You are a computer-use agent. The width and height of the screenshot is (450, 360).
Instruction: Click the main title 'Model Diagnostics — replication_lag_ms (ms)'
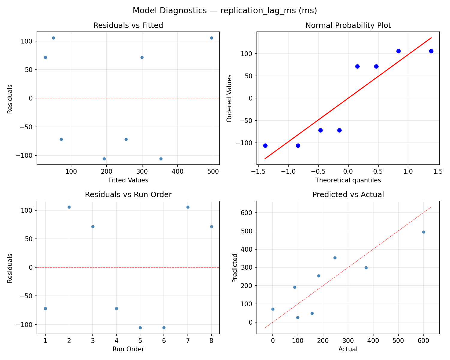click(x=225, y=11)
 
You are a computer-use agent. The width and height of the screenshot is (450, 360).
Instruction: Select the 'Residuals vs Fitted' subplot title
click(x=128, y=25)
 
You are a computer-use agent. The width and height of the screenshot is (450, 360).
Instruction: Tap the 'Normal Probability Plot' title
click(x=348, y=25)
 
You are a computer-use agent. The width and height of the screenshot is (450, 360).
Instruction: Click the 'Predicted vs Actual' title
click(x=348, y=195)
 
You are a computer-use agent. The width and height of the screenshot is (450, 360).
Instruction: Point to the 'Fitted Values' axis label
click(x=128, y=180)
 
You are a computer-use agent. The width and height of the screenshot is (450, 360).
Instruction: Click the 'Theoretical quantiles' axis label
click(x=348, y=180)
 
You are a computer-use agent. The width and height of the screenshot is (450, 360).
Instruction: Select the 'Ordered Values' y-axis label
click(x=229, y=98)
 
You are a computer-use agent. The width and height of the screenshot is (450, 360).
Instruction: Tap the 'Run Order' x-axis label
click(x=128, y=349)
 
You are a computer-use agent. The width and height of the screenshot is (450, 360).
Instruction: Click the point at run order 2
click(x=69, y=207)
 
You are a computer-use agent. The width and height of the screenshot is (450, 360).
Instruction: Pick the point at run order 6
click(x=164, y=328)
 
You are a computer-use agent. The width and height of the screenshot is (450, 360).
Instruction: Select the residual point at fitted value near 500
click(x=211, y=38)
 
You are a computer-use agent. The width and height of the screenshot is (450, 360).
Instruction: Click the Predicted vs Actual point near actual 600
click(x=424, y=232)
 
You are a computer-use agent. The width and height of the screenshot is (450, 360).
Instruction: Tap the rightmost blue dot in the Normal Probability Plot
click(x=431, y=51)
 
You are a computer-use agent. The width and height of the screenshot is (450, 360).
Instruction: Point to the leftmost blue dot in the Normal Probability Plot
click(x=265, y=145)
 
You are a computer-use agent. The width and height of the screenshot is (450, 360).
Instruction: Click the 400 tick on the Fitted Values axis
click(x=177, y=171)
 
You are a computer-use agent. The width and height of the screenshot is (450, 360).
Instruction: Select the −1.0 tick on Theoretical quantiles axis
click(x=288, y=171)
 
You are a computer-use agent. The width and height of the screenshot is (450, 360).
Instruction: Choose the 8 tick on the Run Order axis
click(x=211, y=340)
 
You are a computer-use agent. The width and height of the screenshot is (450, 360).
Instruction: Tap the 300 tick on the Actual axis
click(x=348, y=340)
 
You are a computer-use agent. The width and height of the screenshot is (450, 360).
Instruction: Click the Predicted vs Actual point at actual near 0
click(x=273, y=309)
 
